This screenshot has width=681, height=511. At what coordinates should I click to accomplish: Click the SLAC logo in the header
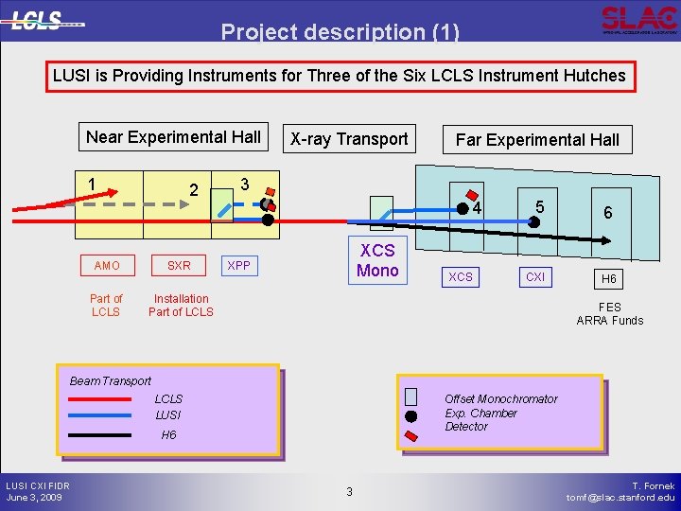[638, 19]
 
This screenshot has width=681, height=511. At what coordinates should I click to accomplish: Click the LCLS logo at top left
[47, 21]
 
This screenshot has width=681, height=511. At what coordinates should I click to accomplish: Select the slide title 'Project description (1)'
[340, 33]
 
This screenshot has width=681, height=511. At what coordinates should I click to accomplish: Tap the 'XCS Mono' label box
[377, 259]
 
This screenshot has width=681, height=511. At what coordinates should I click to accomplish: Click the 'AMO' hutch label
[107, 266]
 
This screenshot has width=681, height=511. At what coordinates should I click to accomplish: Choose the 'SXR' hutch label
[178, 266]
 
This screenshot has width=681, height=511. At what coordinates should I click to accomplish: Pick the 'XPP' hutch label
[239, 266]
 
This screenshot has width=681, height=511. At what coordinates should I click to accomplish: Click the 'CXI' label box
[535, 277]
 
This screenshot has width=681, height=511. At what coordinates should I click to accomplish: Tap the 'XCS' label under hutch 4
[461, 277]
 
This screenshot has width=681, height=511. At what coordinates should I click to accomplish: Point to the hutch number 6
[608, 214]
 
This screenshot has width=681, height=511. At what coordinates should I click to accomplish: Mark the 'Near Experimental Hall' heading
[173, 136]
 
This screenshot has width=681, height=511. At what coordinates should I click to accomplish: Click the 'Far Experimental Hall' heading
[537, 140]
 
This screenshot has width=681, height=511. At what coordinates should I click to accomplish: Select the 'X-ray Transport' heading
[349, 139]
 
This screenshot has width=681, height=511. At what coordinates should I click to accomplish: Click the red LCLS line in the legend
[100, 399]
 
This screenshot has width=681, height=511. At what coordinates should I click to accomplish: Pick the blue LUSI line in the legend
[100, 415]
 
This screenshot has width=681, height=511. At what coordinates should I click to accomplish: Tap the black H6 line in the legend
[100, 435]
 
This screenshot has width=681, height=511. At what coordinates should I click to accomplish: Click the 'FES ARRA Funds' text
[610, 313]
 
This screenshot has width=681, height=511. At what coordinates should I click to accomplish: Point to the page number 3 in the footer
[349, 491]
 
